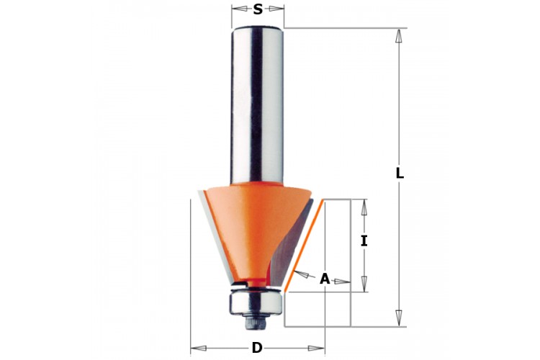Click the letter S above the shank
click(x=258, y=9)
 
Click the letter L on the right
click(x=400, y=173)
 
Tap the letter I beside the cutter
click(x=364, y=241)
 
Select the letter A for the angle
click(x=325, y=279)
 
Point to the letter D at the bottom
click(x=257, y=348)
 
